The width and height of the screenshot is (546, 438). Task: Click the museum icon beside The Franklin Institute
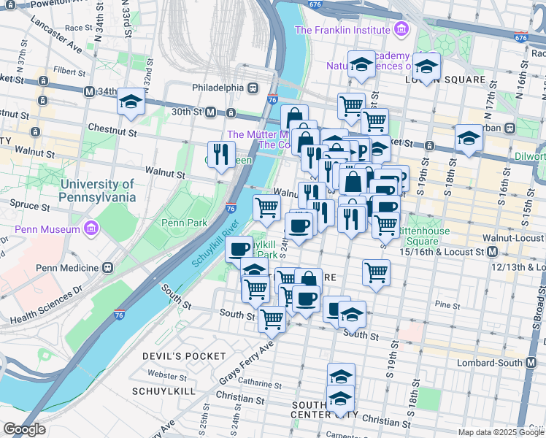[x=400, y=30]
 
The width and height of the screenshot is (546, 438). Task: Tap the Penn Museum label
[x=46, y=230]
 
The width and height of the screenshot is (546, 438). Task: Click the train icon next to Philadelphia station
[x=253, y=87]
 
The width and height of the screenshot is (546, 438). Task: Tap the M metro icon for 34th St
[x=89, y=92]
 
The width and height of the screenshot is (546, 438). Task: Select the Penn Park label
[x=185, y=223]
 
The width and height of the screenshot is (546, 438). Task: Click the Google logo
[x=24, y=429]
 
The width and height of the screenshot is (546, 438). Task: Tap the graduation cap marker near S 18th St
[x=469, y=137]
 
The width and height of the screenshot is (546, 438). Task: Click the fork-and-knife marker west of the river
[x=222, y=154]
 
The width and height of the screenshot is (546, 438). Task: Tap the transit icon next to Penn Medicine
[x=107, y=267]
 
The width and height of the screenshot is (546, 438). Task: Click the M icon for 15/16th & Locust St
[x=492, y=252]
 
